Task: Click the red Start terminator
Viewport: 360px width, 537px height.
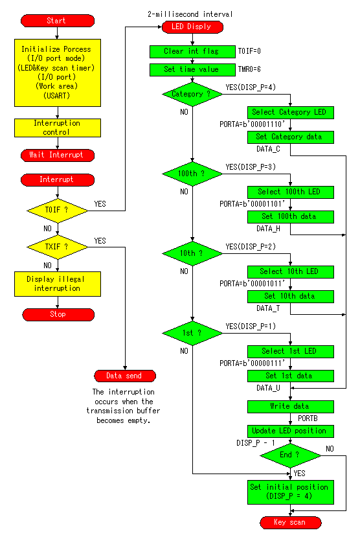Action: tap(58, 21)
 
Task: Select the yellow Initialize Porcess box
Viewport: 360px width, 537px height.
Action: tap(58, 73)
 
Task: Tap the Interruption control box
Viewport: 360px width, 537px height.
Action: tap(58, 128)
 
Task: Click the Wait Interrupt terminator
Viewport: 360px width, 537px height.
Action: tap(58, 155)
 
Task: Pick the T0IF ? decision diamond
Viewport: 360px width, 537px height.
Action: tap(58, 211)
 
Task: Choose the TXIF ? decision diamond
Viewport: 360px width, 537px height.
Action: tap(58, 247)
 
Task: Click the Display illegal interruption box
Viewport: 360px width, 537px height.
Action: tap(58, 284)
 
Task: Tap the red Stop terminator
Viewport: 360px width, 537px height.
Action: tap(58, 314)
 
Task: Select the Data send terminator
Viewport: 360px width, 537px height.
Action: tap(125, 376)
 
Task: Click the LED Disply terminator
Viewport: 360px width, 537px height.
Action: tap(192, 27)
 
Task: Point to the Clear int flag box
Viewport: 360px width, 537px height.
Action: tap(192, 51)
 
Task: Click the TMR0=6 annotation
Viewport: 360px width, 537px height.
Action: tap(249, 69)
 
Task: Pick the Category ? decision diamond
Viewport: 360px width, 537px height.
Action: tap(192, 94)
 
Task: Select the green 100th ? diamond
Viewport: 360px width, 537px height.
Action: tap(192, 174)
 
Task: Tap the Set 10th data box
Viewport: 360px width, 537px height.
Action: tap(291, 296)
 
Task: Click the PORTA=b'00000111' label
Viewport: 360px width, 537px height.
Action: tap(253, 363)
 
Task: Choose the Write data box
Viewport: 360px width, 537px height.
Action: tap(291, 407)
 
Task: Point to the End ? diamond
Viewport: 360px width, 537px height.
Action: tap(291, 455)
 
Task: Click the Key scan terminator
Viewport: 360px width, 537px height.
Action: tap(291, 523)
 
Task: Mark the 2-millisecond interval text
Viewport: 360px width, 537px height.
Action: tap(190, 14)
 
